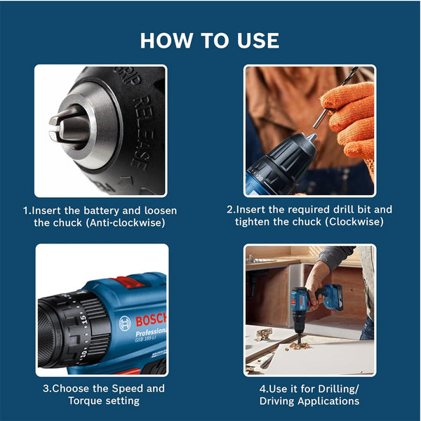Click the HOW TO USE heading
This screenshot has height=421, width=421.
[x=210, y=39]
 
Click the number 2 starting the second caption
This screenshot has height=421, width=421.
[x=229, y=210]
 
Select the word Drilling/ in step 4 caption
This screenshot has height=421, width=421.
[x=333, y=388]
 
